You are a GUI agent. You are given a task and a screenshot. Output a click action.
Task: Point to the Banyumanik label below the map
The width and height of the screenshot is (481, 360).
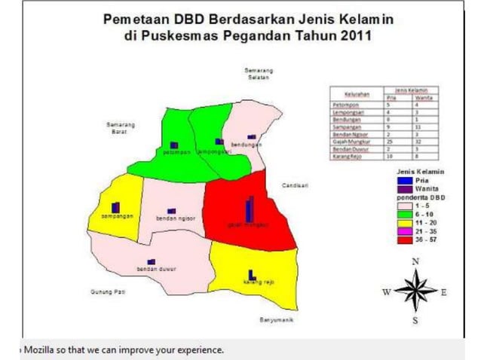click(x=275, y=320)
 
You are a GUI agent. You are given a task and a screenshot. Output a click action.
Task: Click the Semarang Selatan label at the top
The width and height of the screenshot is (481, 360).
click(x=258, y=74)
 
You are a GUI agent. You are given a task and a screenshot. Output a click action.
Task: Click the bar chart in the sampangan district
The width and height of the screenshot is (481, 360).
click(x=115, y=207)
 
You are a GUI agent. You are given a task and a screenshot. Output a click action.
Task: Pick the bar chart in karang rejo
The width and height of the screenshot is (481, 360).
click(x=250, y=276)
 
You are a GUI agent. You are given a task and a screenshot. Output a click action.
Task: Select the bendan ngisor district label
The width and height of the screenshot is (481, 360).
click(x=176, y=218)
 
